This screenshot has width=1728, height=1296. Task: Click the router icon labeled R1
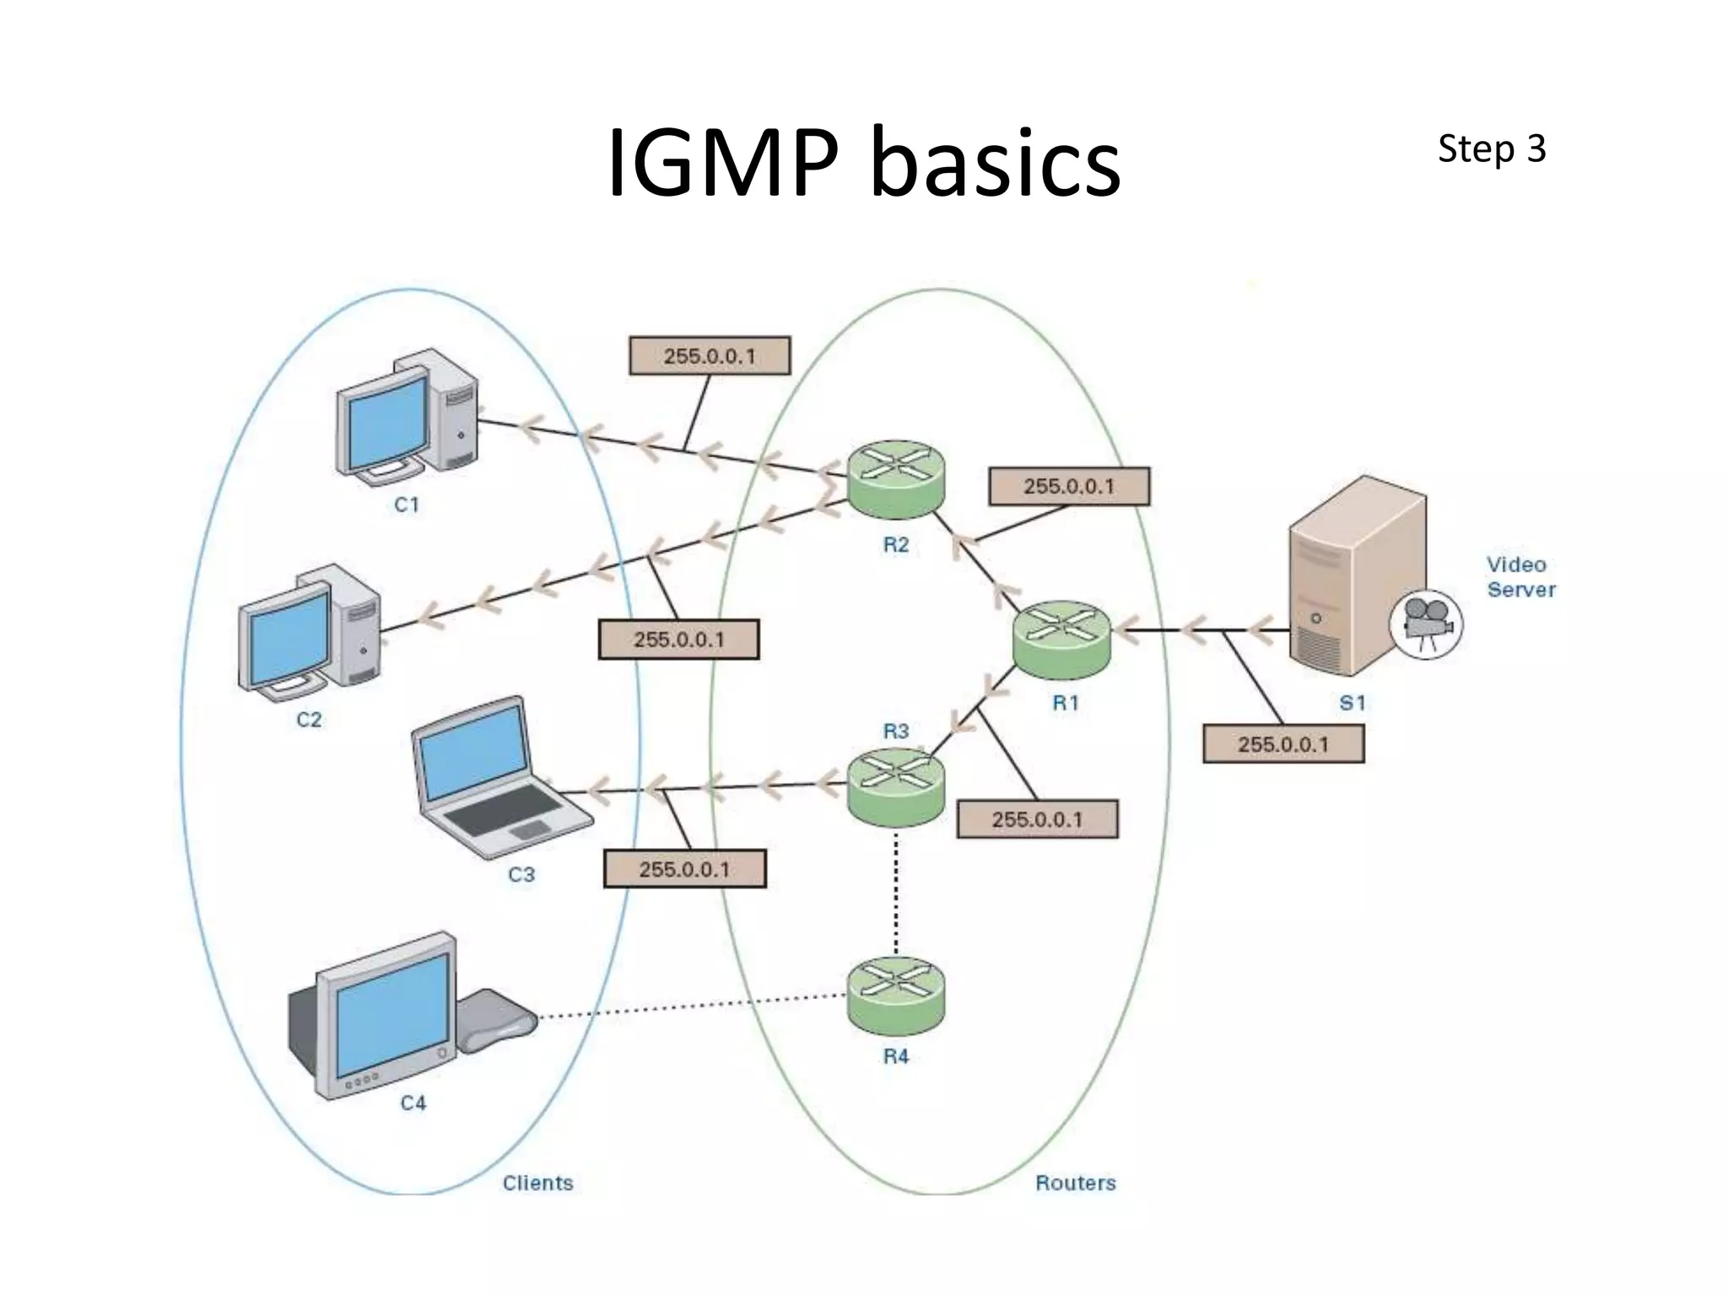[1061, 639]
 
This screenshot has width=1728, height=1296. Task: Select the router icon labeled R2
[895, 479]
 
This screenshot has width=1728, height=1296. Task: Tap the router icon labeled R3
[895, 787]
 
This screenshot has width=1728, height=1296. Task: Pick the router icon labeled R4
[895, 996]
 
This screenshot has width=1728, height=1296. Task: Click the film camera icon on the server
[1426, 624]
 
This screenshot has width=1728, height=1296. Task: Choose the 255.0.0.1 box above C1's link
[710, 356]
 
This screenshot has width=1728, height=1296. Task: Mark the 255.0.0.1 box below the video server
[1282, 744]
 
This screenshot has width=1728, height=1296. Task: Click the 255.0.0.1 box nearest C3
[684, 869]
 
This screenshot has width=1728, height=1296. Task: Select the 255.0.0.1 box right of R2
[1068, 487]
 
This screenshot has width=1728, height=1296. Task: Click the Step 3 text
[1491, 149]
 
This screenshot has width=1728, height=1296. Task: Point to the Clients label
[537, 1183]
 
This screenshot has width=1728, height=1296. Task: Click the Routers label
[1075, 1183]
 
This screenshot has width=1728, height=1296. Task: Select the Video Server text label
[1520, 577]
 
